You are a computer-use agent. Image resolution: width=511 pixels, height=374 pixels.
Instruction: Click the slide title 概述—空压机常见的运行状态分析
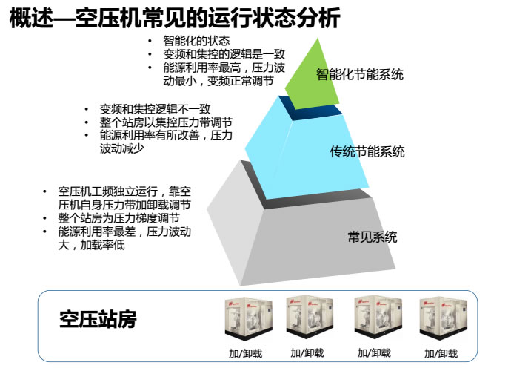click(x=175, y=19)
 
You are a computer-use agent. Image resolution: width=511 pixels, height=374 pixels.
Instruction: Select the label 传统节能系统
click(x=367, y=152)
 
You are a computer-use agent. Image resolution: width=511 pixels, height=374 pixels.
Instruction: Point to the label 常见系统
click(x=373, y=237)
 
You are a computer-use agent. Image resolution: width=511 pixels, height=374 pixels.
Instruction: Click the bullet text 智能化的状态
click(x=196, y=40)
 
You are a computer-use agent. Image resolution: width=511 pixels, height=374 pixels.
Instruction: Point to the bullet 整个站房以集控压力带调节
click(x=166, y=122)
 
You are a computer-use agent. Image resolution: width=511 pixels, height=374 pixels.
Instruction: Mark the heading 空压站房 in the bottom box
click(x=98, y=320)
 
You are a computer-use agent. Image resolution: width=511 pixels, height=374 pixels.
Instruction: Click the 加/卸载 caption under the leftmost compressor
click(x=244, y=353)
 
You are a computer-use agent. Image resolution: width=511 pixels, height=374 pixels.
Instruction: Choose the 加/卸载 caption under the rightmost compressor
click(x=441, y=353)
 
